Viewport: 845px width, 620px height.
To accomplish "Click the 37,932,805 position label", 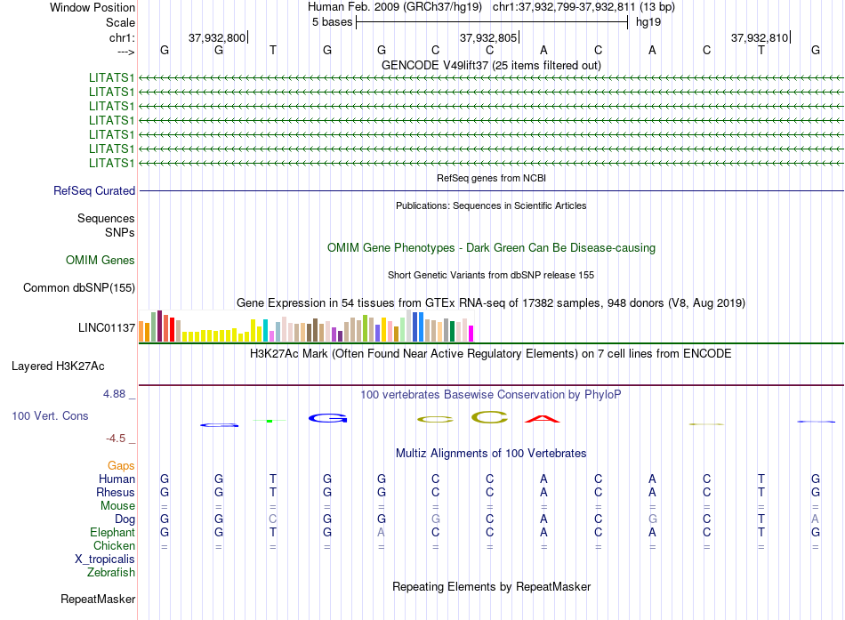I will (487, 37).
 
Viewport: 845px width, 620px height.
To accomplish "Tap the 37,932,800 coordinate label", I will (216, 37).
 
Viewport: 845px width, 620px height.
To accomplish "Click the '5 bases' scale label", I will (332, 22).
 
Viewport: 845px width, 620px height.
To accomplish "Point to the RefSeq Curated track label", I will (94, 190).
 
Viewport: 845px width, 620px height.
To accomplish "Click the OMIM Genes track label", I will (101, 261).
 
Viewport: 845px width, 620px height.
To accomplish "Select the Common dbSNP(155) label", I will (79, 287).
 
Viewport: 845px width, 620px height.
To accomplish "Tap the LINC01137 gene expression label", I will (107, 328).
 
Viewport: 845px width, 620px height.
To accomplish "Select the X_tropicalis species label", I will (105, 559).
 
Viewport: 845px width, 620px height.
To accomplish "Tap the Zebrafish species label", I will (110, 573).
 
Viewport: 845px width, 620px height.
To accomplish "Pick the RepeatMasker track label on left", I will (98, 599).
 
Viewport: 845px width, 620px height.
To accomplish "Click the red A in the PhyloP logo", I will (543, 419).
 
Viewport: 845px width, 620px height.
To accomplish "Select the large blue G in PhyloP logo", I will (327, 418).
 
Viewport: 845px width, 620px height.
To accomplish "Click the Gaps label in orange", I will (121, 465).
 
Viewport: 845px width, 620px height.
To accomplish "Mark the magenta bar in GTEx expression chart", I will (471, 333).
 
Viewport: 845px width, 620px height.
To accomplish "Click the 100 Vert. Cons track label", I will (51, 415).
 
